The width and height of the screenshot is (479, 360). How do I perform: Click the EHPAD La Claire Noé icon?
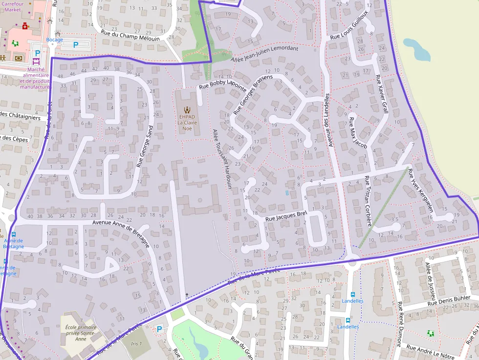(186, 109)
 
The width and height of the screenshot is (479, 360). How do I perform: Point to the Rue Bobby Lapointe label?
(221, 85)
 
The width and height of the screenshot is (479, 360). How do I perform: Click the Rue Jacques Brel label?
(285, 217)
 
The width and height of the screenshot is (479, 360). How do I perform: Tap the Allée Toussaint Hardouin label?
(221, 159)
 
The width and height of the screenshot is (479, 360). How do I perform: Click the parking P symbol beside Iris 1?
(159, 329)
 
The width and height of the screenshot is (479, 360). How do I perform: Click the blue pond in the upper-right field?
(416, 49)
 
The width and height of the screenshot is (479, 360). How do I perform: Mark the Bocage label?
(55, 40)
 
